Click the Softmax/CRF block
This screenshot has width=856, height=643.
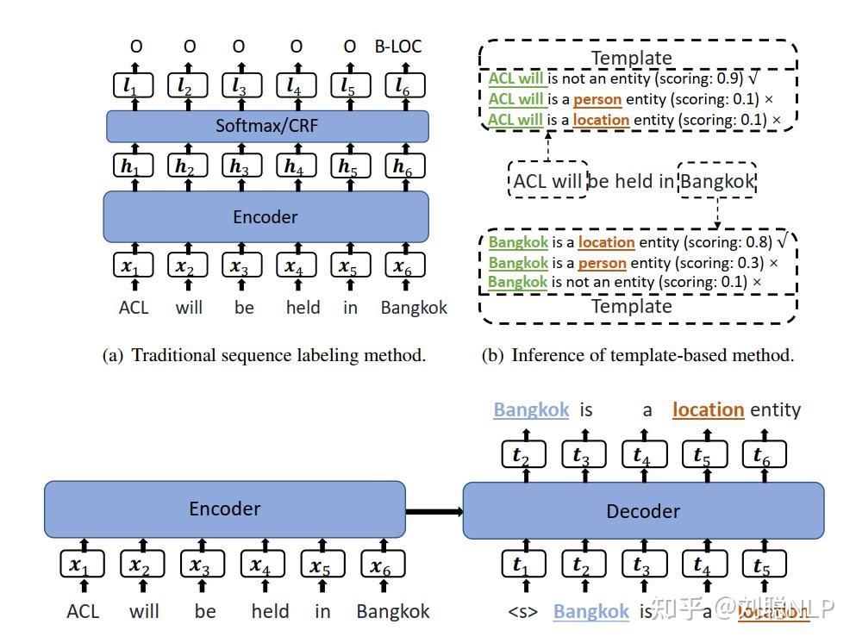pyautogui.click(x=267, y=126)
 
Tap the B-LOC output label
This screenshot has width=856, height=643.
pyautogui.click(x=397, y=46)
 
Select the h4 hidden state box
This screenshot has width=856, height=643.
pyautogui.click(x=295, y=167)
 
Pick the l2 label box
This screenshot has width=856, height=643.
pyautogui.click(x=185, y=85)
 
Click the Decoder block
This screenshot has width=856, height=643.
pyautogui.click(x=643, y=511)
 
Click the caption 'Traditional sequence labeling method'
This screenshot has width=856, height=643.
pyautogui.click(x=264, y=354)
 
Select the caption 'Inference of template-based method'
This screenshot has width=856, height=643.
pyautogui.click(x=637, y=354)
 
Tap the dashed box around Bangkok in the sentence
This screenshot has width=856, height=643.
pyautogui.click(x=717, y=181)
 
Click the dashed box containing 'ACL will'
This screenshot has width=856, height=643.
pyautogui.click(x=547, y=181)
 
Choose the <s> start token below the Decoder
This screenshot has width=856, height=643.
pyautogui.click(x=522, y=611)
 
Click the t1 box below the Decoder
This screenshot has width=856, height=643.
pyautogui.click(x=520, y=565)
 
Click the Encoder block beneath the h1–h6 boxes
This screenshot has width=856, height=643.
pyautogui.click(x=266, y=216)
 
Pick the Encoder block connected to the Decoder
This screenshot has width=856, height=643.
pyautogui.click(x=224, y=509)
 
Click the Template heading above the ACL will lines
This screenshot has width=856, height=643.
pyautogui.click(x=631, y=58)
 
